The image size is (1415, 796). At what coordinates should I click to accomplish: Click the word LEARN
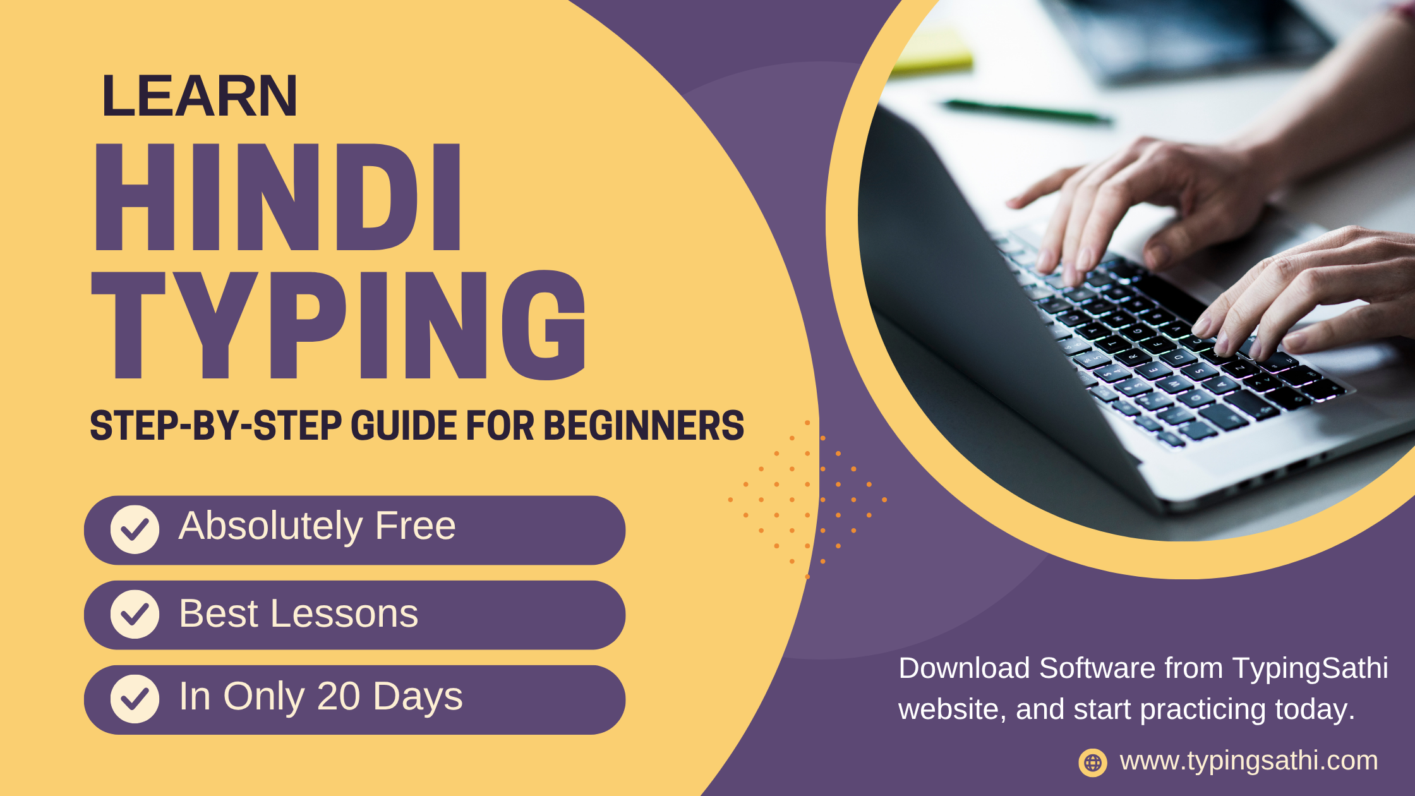point(200,96)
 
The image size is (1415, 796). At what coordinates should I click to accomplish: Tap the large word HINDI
point(278,197)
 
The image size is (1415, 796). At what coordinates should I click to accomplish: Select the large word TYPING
point(339,325)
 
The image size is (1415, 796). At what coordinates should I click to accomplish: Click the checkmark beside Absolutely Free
point(135,529)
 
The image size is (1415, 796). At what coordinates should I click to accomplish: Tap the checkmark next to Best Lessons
point(135,614)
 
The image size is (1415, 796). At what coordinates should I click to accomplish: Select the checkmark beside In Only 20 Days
point(135,699)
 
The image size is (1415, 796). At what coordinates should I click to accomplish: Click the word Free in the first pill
point(415,526)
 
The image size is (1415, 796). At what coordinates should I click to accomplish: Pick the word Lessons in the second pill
point(344,613)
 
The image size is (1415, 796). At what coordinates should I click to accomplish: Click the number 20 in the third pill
point(339,696)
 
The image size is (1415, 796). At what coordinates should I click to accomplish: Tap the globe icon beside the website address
point(1093,763)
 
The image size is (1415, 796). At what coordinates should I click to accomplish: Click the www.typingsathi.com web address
point(1248,761)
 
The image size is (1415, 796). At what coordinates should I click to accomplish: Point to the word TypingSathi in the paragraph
point(1310,668)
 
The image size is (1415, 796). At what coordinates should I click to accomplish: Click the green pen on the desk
point(1027,111)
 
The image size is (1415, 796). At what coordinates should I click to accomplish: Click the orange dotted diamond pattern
point(807,499)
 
